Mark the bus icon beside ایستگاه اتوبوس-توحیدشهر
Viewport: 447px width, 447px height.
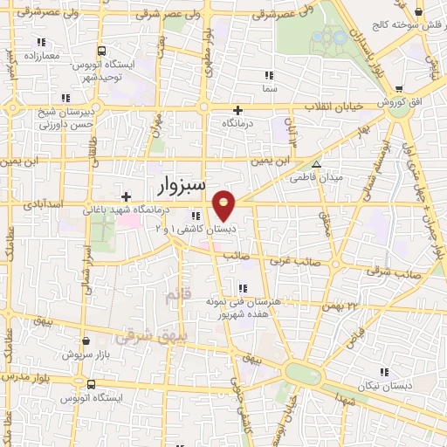(102, 51)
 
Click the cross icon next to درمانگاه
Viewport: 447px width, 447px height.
(237, 110)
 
